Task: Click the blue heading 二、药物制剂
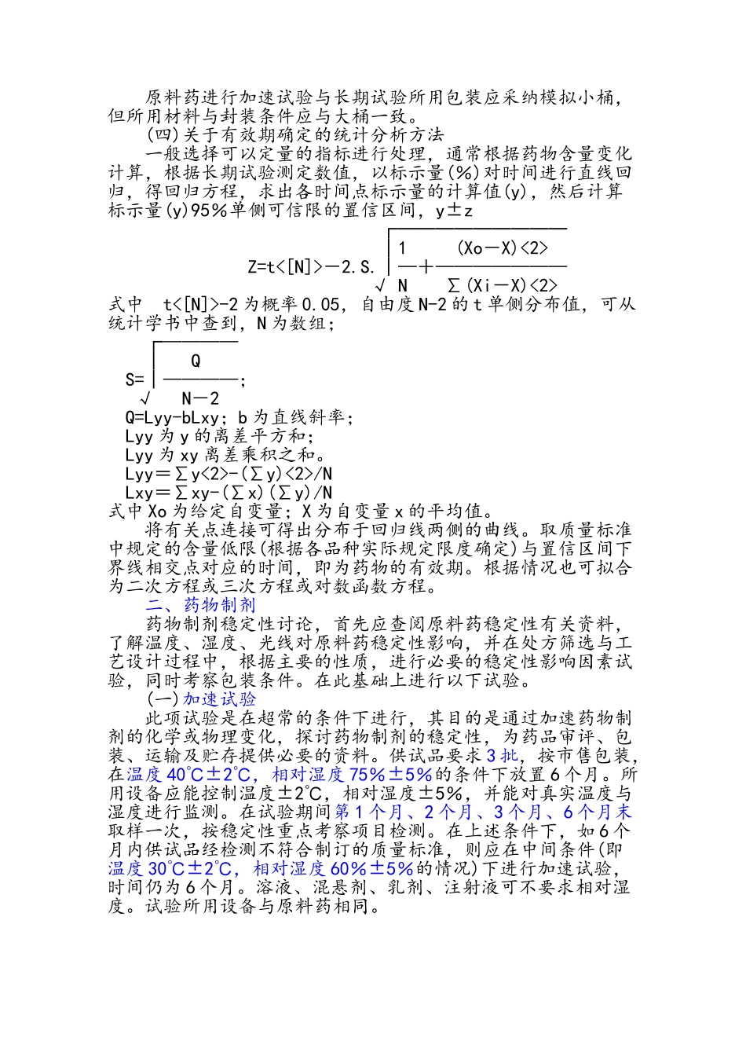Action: point(200,605)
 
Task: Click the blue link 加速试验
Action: point(220,699)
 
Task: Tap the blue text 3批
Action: point(502,756)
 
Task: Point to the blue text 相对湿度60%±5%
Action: point(333,869)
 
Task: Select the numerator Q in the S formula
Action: point(196,361)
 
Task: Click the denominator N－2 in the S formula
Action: point(200,398)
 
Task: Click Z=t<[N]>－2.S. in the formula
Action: point(312,267)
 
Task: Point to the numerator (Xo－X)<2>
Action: point(503,248)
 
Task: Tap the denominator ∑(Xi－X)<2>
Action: point(503,285)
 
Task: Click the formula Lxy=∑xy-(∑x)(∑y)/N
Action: point(229,493)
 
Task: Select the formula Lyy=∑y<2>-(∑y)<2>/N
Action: point(229,474)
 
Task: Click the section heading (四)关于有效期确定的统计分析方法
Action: point(295,134)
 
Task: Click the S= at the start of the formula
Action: point(135,380)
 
